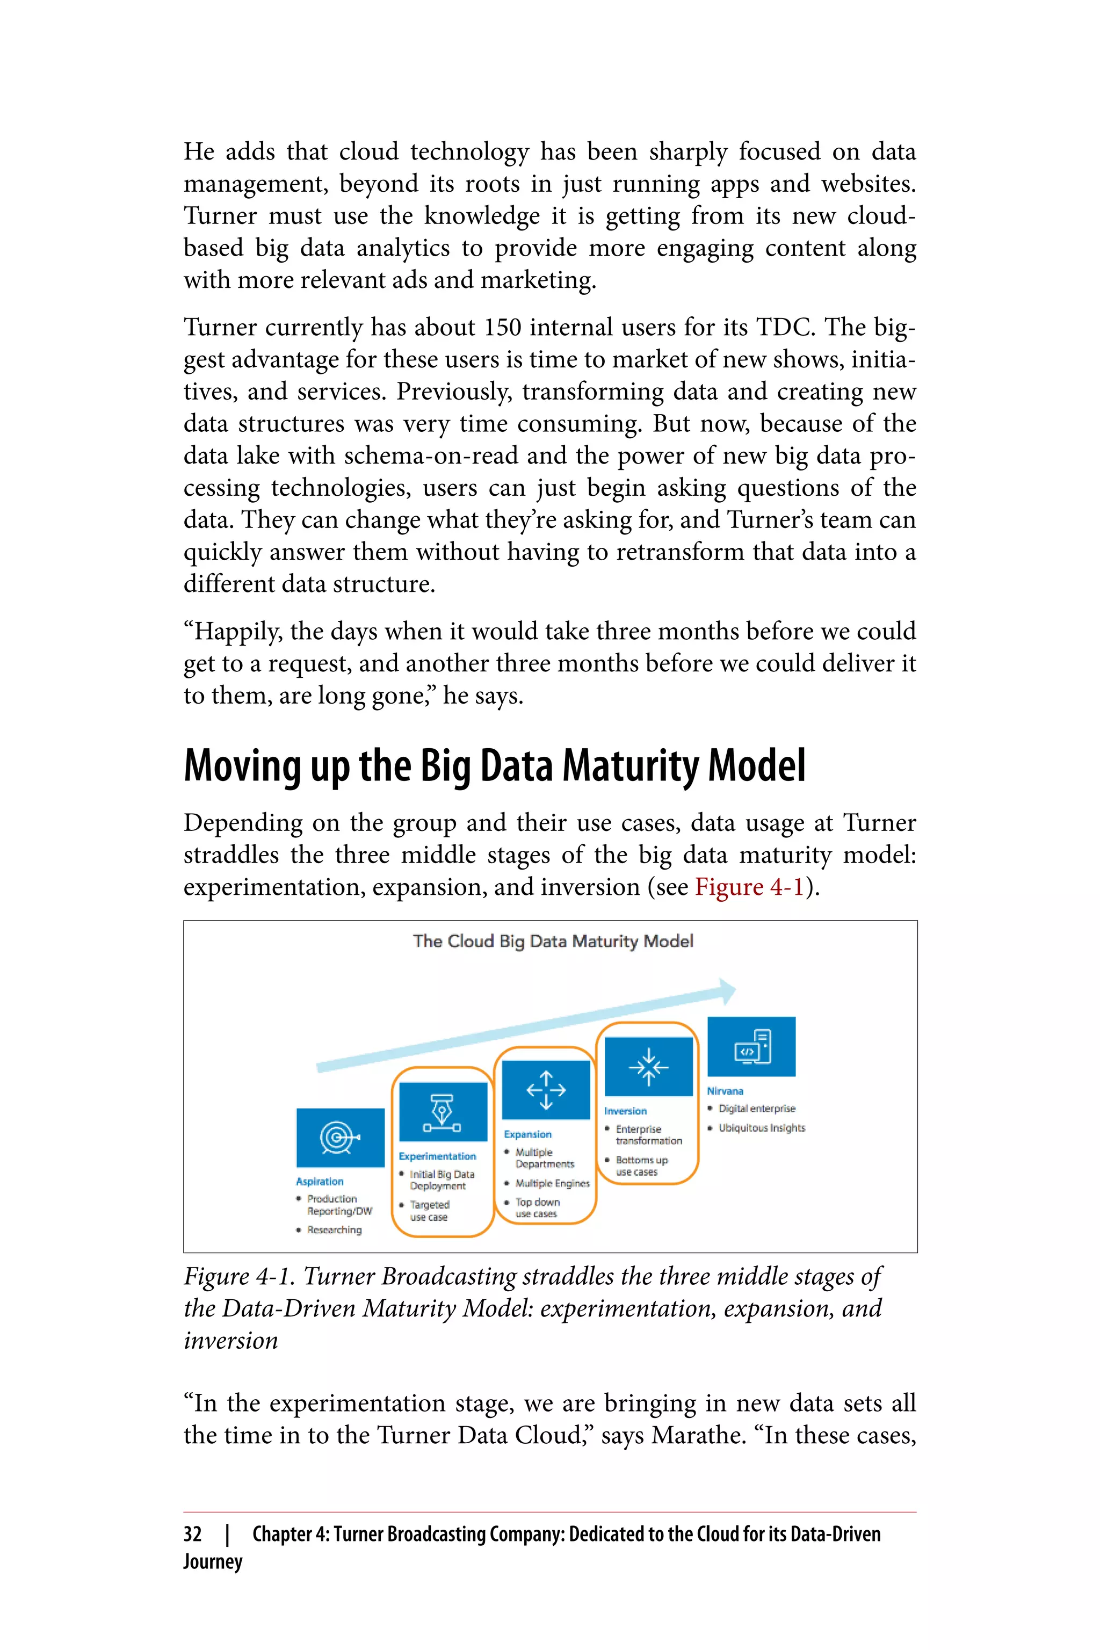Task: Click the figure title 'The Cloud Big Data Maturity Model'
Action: [x=553, y=941]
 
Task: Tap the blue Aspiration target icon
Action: [x=340, y=1137]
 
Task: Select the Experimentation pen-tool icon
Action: [x=443, y=1111]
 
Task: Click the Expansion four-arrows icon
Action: [x=546, y=1089]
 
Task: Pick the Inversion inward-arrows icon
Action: [x=648, y=1066]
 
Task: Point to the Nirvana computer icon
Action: [x=751, y=1046]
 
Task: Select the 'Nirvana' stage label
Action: [x=725, y=1091]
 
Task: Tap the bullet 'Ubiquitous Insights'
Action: [x=761, y=1128]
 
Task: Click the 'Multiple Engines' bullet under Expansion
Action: [x=552, y=1183]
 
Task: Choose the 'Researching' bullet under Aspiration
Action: [x=334, y=1230]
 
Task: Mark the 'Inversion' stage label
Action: [x=625, y=1111]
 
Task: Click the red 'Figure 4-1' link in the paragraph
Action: [x=749, y=887]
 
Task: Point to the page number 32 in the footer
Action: [x=193, y=1534]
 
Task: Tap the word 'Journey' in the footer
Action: [x=213, y=1561]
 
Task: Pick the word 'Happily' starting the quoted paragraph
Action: [x=237, y=632]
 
